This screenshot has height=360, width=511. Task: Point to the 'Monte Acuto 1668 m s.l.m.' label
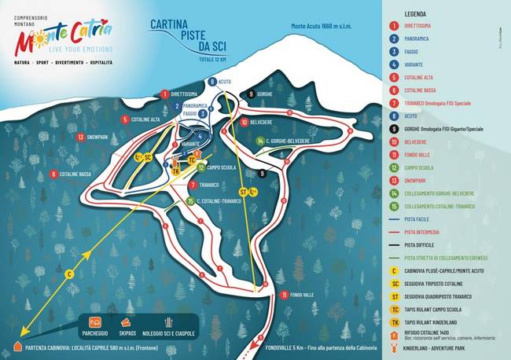[x=323, y=26]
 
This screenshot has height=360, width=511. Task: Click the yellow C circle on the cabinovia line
[x=69, y=273]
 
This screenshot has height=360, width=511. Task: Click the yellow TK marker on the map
[x=176, y=171]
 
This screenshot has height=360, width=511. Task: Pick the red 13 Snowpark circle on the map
[x=81, y=137]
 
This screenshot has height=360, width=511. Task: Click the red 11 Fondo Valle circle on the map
[x=282, y=295]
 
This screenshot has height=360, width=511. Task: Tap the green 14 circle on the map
[x=259, y=141]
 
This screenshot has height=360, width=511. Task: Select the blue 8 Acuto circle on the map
[x=211, y=81]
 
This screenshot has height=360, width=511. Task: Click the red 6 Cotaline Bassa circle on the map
[x=53, y=174]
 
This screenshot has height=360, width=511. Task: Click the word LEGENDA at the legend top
[x=416, y=13]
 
